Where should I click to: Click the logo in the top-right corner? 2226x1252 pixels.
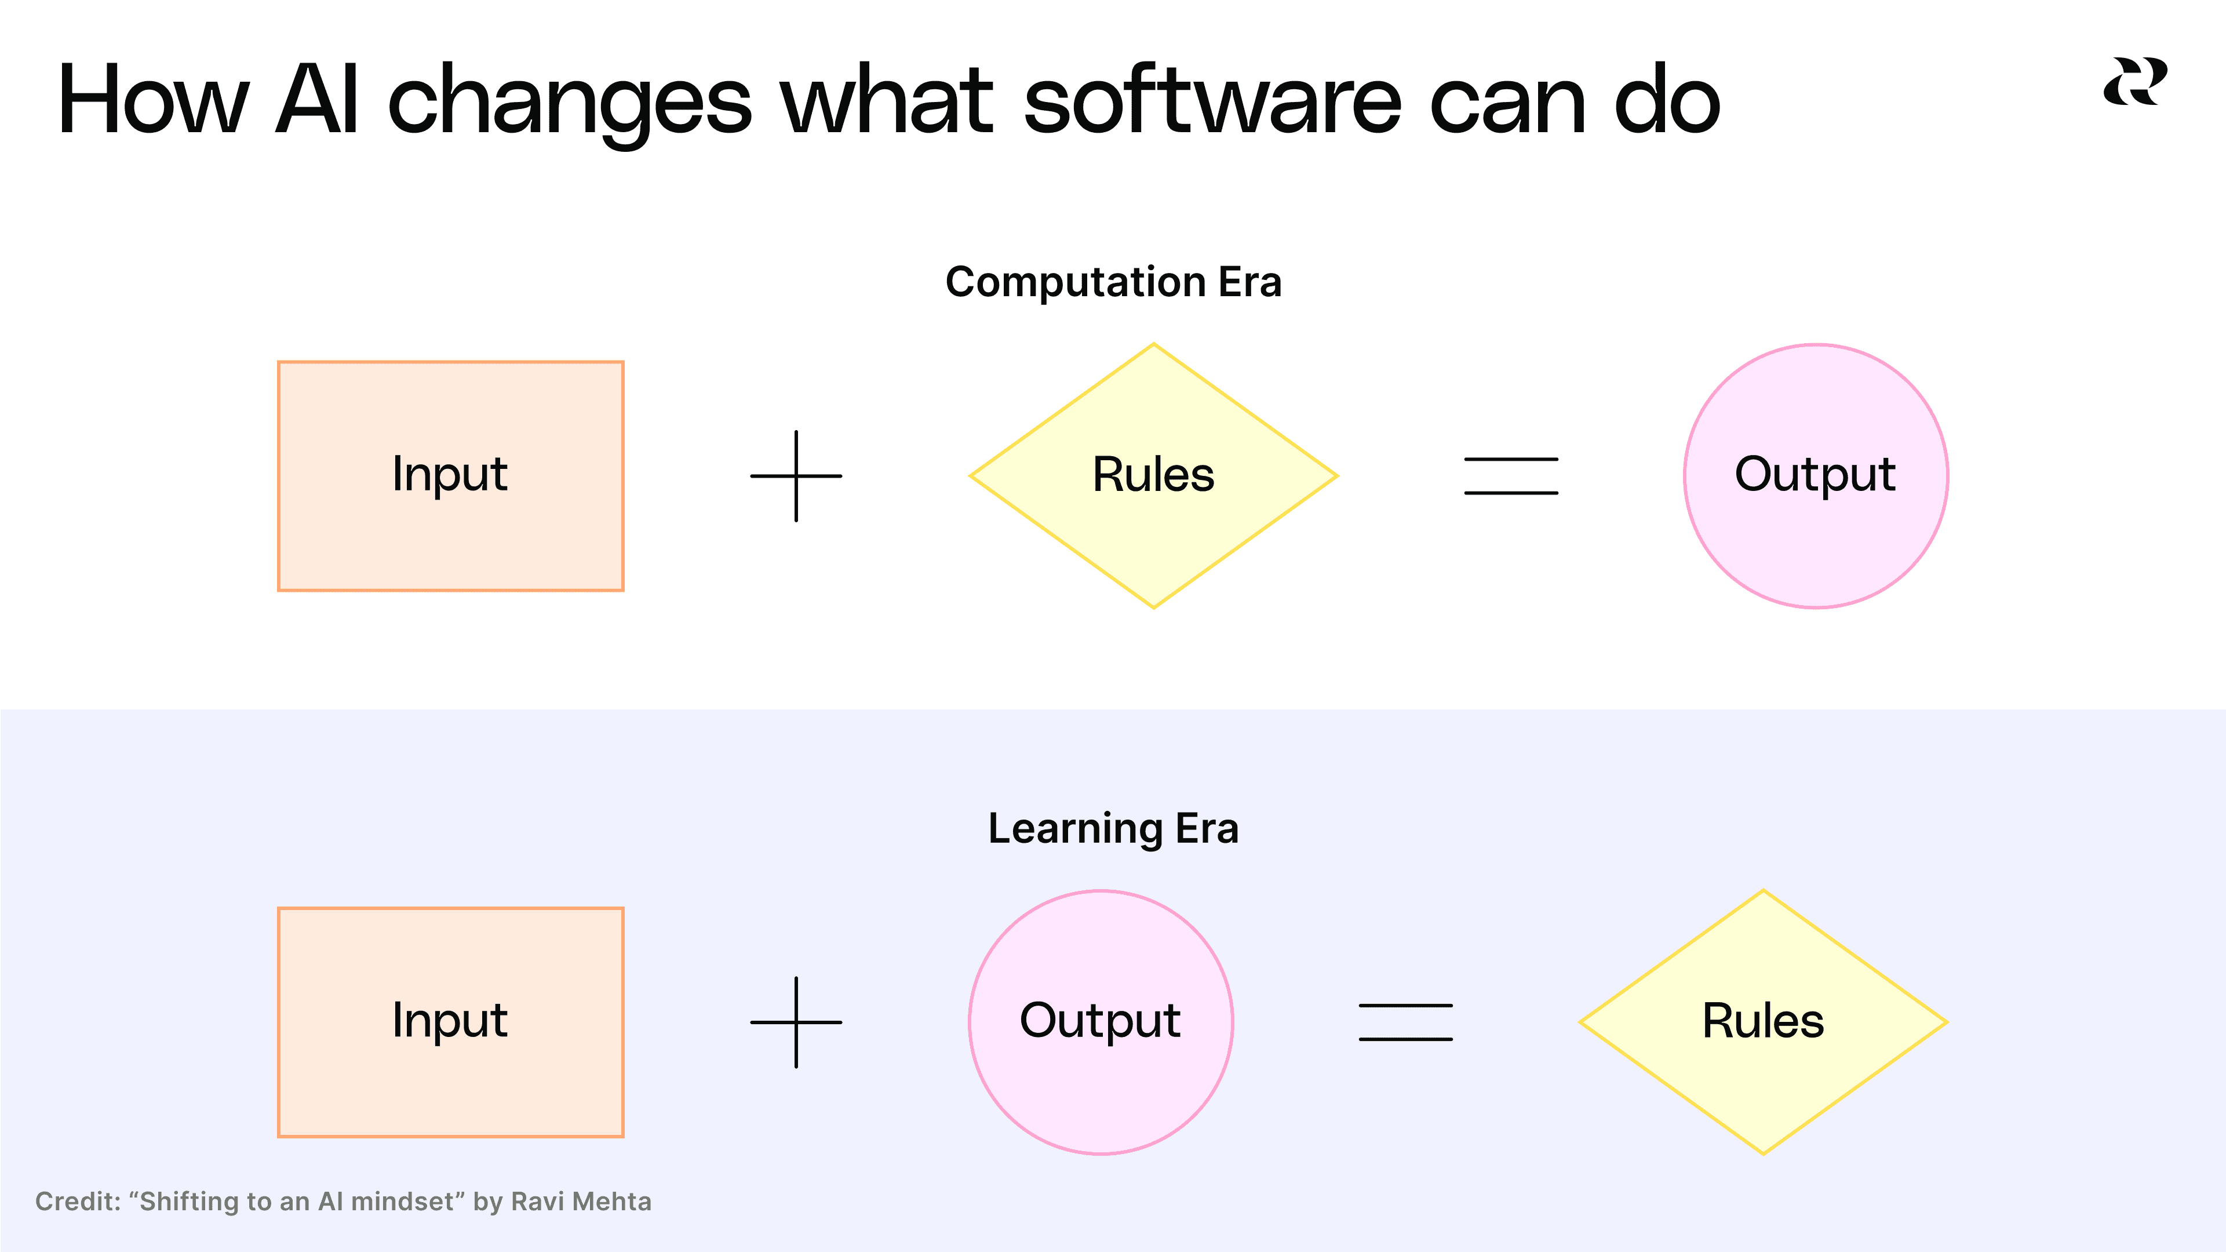tap(2134, 82)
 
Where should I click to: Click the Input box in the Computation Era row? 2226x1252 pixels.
tap(450, 476)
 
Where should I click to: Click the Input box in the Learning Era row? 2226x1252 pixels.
tap(450, 1022)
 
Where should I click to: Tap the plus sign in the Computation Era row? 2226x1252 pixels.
tap(796, 476)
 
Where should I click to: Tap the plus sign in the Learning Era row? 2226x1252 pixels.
tap(796, 1022)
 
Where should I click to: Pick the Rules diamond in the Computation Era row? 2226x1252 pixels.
tap(1154, 476)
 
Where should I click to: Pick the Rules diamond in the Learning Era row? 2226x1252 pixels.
tap(1763, 1022)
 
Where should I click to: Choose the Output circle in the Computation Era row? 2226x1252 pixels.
tap(1816, 476)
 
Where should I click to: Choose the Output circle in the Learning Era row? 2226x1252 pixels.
tap(1100, 1022)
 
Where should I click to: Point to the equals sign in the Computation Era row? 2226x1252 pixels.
tap(1510, 476)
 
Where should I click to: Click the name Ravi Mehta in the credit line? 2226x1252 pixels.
tap(581, 1202)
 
